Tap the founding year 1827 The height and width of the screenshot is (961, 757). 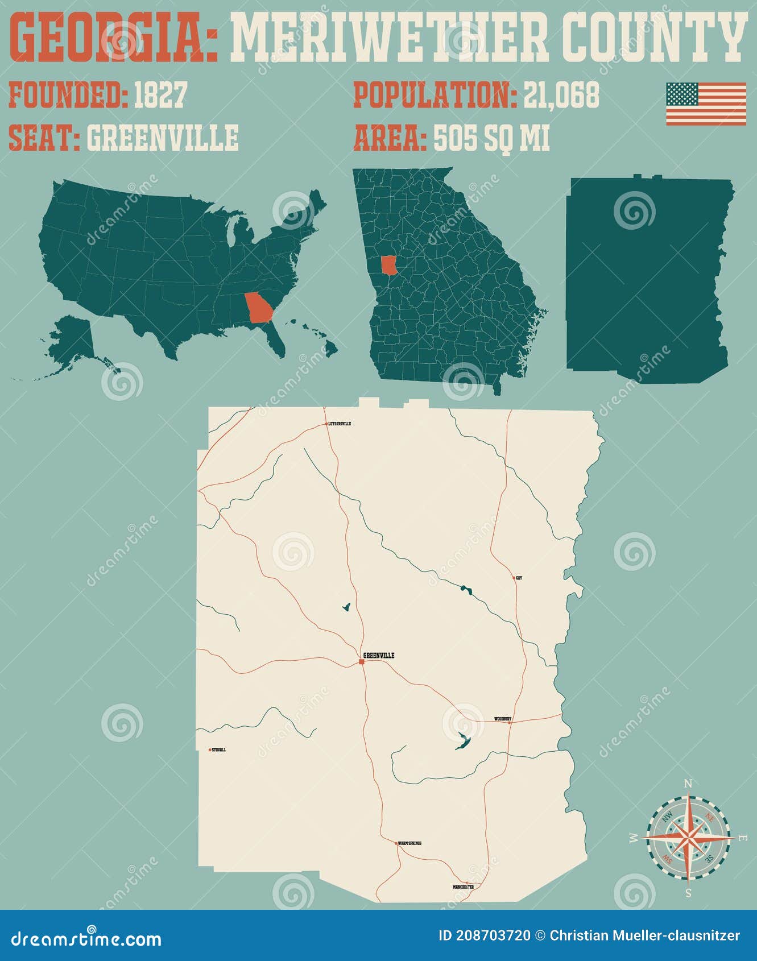coord(160,95)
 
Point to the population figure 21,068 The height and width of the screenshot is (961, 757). coord(561,95)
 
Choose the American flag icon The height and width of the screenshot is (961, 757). coord(706,103)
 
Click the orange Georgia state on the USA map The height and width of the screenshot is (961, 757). coord(258,308)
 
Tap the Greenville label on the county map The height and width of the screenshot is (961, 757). coord(379,656)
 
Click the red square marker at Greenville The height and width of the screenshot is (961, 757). coord(362,661)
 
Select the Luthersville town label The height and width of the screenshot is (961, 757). coord(340,424)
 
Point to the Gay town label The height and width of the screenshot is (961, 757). coord(519,578)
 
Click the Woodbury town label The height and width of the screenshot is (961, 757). coord(502,719)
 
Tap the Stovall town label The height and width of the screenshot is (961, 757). coord(219,750)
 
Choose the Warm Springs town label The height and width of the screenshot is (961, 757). coord(409,843)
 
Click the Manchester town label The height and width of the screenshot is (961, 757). coord(463,887)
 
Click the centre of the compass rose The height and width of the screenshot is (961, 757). coord(688,838)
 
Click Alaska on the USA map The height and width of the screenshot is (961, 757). coord(74,341)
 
